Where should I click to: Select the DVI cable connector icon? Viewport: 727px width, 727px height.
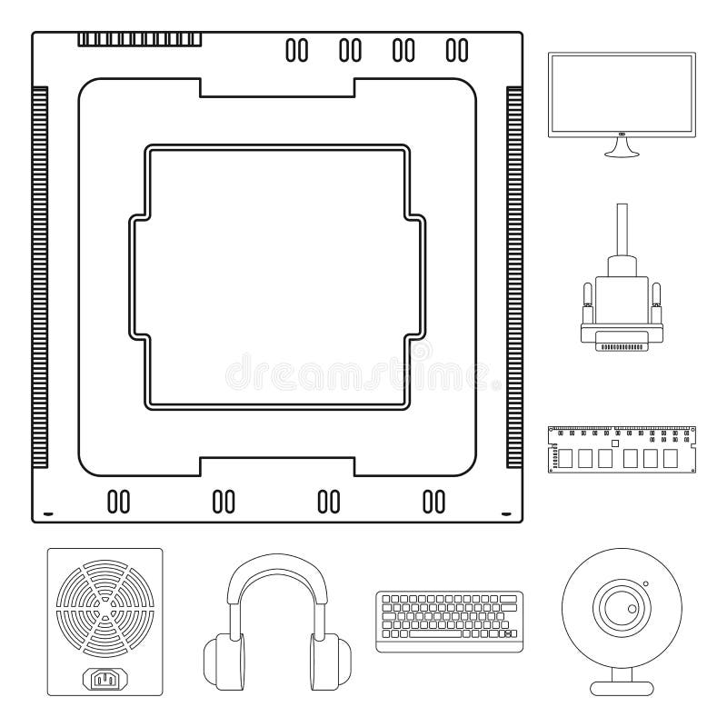[x=622, y=309]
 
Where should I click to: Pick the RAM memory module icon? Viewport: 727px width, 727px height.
[x=622, y=449]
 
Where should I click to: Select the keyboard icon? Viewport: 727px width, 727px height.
[x=447, y=621]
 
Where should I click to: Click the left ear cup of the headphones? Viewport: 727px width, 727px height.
[x=223, y=664]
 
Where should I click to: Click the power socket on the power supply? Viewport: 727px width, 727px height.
[x=105, y=679]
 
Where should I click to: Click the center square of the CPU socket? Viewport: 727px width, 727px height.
[x=277, y=276]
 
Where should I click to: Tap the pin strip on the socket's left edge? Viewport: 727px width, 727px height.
[x=39, y=276]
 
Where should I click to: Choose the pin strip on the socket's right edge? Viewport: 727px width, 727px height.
[x=514, y=276]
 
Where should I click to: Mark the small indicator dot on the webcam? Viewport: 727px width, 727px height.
[x=645, y=583]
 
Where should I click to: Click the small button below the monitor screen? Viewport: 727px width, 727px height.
[x=622, y=134]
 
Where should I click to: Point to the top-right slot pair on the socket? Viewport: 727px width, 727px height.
[x=456, y=51]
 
